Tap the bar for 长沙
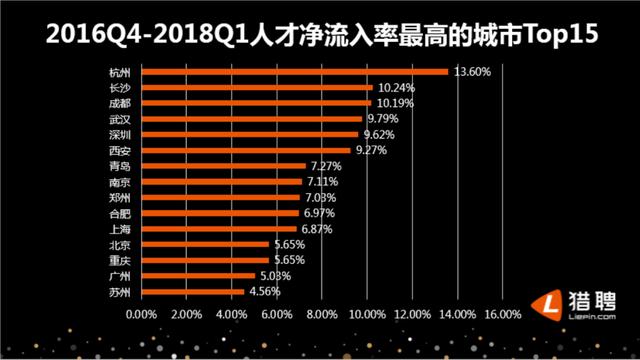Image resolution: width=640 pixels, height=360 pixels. [257, 87]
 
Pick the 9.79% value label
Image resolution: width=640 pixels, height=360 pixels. [384, 118]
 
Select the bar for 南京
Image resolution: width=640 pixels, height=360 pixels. [222, 181]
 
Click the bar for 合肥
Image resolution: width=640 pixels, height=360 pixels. [220, 212]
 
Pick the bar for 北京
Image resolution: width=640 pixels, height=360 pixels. [205, 244]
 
